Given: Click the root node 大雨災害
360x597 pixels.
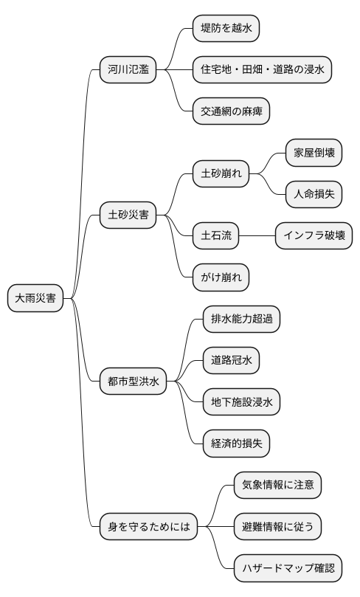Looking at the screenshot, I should pos(35,299).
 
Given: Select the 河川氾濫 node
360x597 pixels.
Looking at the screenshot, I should pos(128,71).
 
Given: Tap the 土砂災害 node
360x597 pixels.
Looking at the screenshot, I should pos(128,216).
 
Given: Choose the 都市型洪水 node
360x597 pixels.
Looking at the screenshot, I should pos(133,382).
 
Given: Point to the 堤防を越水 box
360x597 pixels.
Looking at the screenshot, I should pos(226,29).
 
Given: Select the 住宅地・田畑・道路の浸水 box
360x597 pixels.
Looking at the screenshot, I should pos(262,71).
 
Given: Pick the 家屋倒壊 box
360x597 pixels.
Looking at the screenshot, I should pos(314,153).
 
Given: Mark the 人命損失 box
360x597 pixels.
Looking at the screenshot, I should pos(314,195).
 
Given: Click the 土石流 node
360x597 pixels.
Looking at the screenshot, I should pos(216,237).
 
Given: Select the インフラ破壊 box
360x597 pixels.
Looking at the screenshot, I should pos(314,237).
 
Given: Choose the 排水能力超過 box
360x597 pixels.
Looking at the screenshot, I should pos(241,320).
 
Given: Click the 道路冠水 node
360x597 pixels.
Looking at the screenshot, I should pos(231,361).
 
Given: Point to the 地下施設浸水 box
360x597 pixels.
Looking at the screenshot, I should pos(241,402).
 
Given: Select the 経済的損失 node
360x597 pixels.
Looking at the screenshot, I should pos(236,444).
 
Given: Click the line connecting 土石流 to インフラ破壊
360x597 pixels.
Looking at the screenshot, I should pos(257,237).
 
